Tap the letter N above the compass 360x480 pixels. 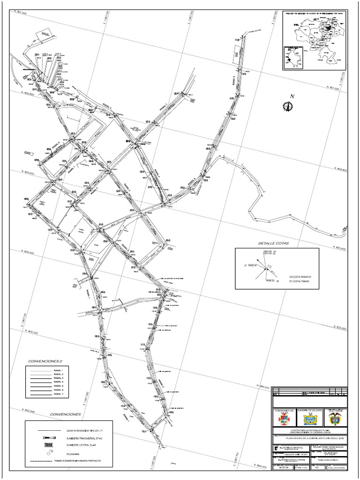(x=292, y=97)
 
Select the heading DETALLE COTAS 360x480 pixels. (x=274, y=244)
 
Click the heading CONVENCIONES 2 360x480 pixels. (x=45, y=361)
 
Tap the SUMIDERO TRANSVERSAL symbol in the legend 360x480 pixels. (x=48, y=437)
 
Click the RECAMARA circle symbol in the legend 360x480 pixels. (x=48, y=453)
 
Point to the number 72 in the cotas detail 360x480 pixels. (x=269, y=267)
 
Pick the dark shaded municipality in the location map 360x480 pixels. (x=329, y=27)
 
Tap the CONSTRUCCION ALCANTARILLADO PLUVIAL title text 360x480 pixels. (x=310, y=429)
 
